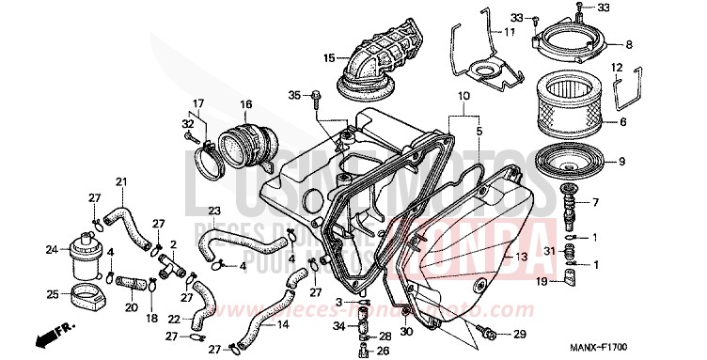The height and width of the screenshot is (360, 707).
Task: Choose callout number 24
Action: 51,250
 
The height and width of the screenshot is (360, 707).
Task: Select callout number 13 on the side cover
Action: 520,257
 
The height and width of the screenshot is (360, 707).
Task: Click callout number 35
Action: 293,95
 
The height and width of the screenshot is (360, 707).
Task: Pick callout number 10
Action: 463,97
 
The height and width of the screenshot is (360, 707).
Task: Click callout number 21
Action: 120,180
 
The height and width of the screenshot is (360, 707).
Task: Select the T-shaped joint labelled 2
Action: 170,267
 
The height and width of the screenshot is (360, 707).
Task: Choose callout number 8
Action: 654,44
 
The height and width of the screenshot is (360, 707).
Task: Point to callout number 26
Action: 384,352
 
